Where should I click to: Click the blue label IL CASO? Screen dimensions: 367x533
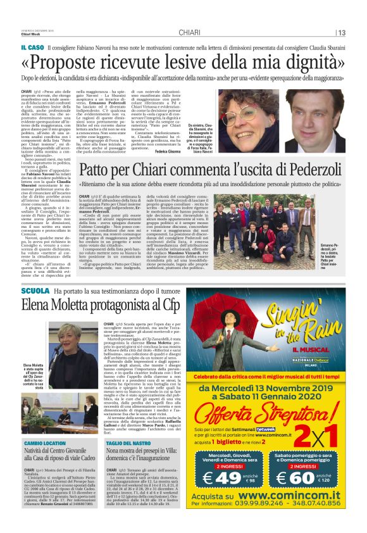click(32, 48)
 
